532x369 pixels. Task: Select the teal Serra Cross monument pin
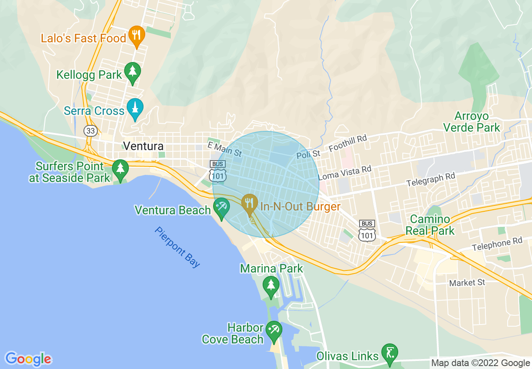pos(135,108)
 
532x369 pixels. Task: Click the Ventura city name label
pos(143,146)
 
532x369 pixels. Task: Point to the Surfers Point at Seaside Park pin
pos(120,169)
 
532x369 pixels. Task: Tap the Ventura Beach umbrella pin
pos(221,207)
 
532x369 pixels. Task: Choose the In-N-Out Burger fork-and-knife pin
pos(250,203)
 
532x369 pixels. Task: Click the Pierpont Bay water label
pos(177,247)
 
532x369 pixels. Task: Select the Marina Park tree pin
pos(271,286)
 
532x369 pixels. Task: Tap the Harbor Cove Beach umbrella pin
pos(274,330)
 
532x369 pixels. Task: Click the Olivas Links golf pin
pos(390,353)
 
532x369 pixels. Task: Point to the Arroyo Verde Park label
pos(472,122)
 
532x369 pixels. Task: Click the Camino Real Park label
pos(430,225)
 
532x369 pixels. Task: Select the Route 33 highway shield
pos(90,130)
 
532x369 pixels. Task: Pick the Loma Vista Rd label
pos(344,172)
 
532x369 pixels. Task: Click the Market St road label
pos(467,283)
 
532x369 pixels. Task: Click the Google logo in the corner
pos(28,359)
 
